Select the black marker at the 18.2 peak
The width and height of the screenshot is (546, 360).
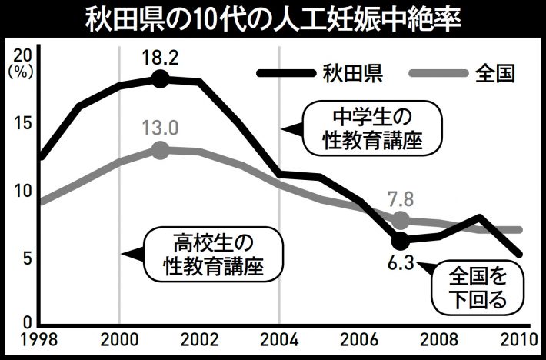point(159,78)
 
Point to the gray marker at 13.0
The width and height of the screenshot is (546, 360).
point(159,149)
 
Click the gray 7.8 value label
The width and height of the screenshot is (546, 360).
point(400,200)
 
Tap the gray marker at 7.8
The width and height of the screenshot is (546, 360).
point(400,221)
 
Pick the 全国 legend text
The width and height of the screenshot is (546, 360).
point(495,74)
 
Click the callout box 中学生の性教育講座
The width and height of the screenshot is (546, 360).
point(372,128)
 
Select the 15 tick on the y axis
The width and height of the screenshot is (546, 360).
point(22,122)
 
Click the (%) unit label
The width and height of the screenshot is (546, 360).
point(17,71)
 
